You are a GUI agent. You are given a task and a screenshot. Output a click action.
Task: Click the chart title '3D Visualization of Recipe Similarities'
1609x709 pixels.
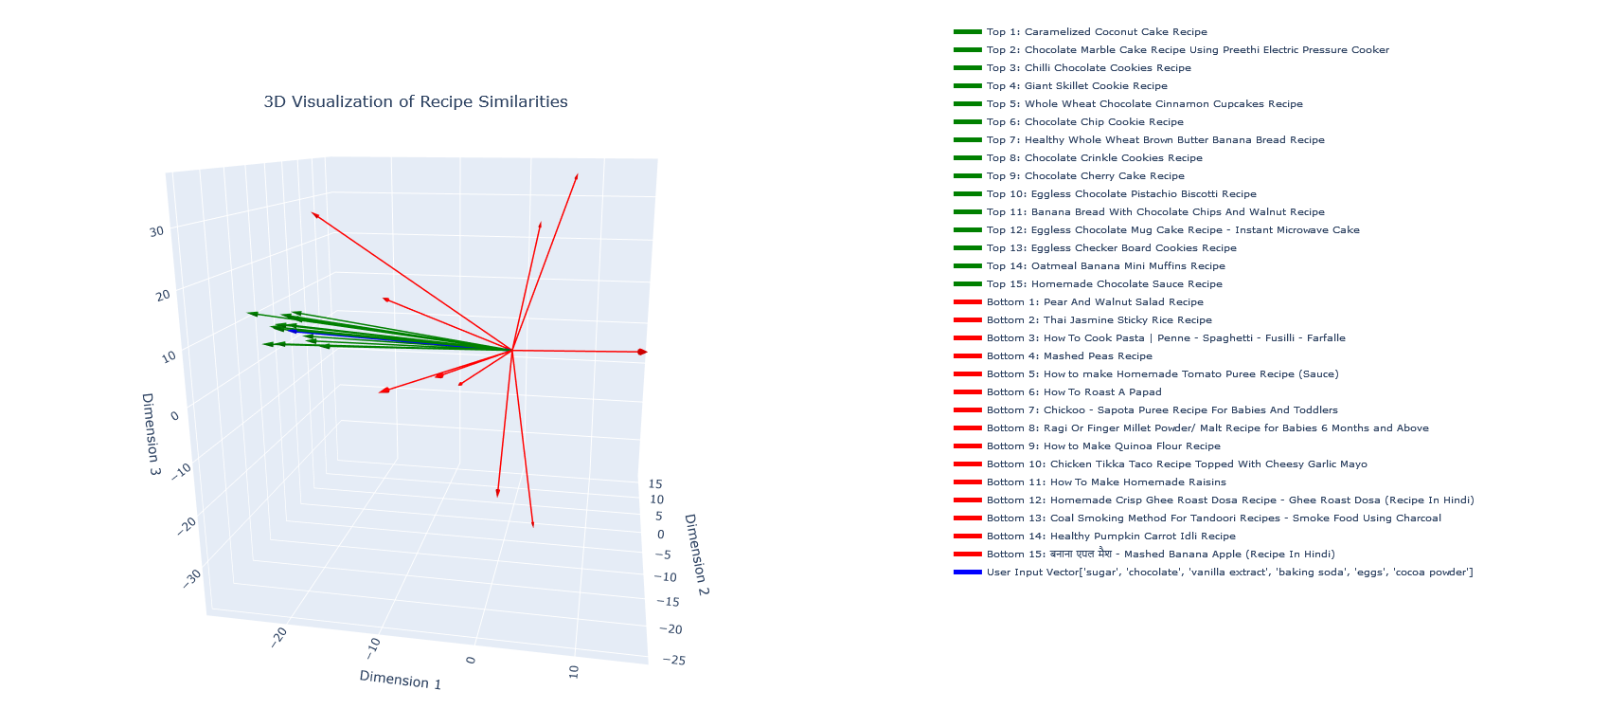tap(416, 102)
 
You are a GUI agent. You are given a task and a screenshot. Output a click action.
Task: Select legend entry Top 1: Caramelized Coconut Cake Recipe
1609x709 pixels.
tap(1097, 32)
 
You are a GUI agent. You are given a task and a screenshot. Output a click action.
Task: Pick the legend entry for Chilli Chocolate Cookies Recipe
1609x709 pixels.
tap(1088, 68)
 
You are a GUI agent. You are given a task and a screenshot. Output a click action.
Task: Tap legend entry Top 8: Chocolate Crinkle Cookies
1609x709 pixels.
tap(1094, 158)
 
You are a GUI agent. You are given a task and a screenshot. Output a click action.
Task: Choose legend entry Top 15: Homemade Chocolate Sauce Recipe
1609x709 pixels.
tap(1104, 284)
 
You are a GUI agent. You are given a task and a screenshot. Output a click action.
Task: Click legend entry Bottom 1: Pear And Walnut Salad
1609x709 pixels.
tap(1095, 302)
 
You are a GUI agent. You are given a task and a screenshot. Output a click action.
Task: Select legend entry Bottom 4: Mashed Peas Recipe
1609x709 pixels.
tap(1069, 356)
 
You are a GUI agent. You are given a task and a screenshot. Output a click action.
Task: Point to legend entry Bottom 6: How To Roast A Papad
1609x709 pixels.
tap(1073, 392)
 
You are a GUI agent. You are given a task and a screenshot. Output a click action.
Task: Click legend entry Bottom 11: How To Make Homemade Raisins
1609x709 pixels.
tap(1106, 482)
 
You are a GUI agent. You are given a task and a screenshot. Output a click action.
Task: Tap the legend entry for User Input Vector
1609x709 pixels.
tap(1229, 573)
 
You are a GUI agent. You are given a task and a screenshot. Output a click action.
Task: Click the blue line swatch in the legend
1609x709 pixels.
tap(967, 573)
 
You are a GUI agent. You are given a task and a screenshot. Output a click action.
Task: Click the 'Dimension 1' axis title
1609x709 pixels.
tap(400, 680)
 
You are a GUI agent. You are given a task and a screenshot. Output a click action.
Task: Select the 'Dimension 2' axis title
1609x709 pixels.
tap(696, 554)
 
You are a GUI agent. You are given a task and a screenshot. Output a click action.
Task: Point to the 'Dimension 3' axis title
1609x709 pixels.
tap(151, 433)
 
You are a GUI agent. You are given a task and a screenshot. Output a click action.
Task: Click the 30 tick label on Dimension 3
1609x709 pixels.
tap(156, 231)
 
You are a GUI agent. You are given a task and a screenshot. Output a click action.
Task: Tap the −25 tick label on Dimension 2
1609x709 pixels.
tap(674, 660)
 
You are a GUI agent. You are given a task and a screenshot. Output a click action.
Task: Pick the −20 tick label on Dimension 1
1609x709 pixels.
tap(278, 637)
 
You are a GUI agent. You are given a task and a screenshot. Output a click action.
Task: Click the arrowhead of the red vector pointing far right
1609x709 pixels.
tap(643, 352)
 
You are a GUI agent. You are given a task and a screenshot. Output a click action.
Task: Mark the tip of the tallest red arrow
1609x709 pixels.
tap(577, 176)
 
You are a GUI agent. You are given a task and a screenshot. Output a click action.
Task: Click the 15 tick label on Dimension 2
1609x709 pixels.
tap(655, 484)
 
